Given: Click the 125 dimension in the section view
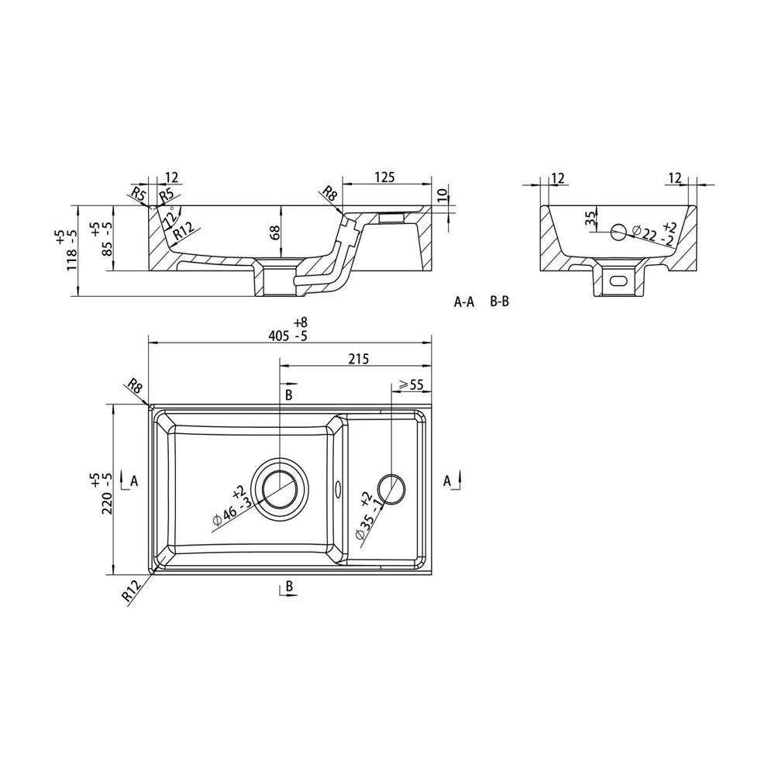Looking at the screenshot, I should click(x=385, y=177).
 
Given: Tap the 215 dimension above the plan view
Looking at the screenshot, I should click(x=358, y=358).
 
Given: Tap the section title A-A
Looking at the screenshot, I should click(x=464, y=302).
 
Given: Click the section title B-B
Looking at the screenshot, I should click(x=500, y=302).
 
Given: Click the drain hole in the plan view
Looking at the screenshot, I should click(x=280, y=487).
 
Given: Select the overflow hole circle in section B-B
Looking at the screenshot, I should click(x=620, y=231).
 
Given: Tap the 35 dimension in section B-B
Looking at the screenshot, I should click(x=591, y=219).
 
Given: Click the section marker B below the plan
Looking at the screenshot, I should click(x=288, y=587).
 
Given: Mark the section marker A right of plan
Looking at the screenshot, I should click(x=448, y=480).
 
